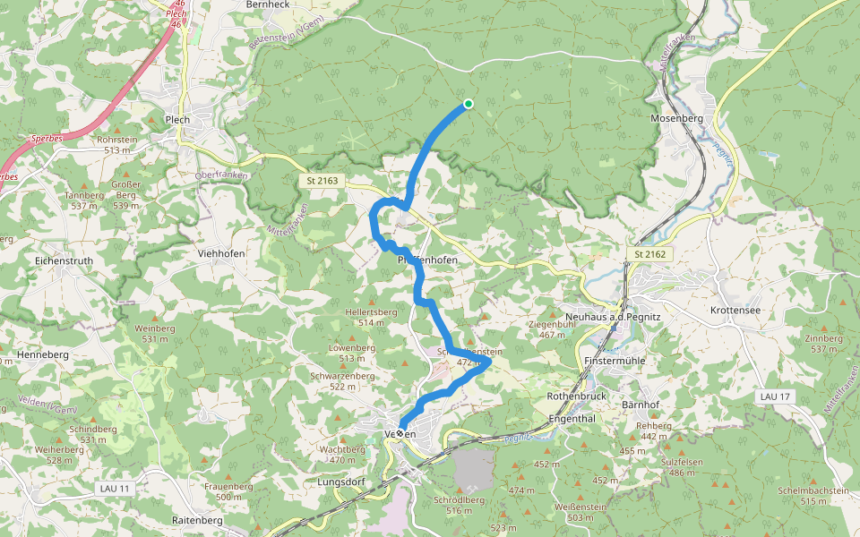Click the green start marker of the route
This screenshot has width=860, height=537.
point(468,104)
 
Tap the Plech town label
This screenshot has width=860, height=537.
point(177,119)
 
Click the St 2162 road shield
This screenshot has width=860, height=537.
point(650,255)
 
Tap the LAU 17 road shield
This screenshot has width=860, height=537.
point(773,396)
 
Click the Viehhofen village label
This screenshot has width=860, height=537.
point(220,253)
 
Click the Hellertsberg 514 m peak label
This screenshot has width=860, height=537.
point(371,317)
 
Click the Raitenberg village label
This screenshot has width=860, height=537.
point(196,520)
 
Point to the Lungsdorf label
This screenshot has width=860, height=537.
point(341,482)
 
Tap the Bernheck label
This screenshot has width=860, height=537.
point(267,4)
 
